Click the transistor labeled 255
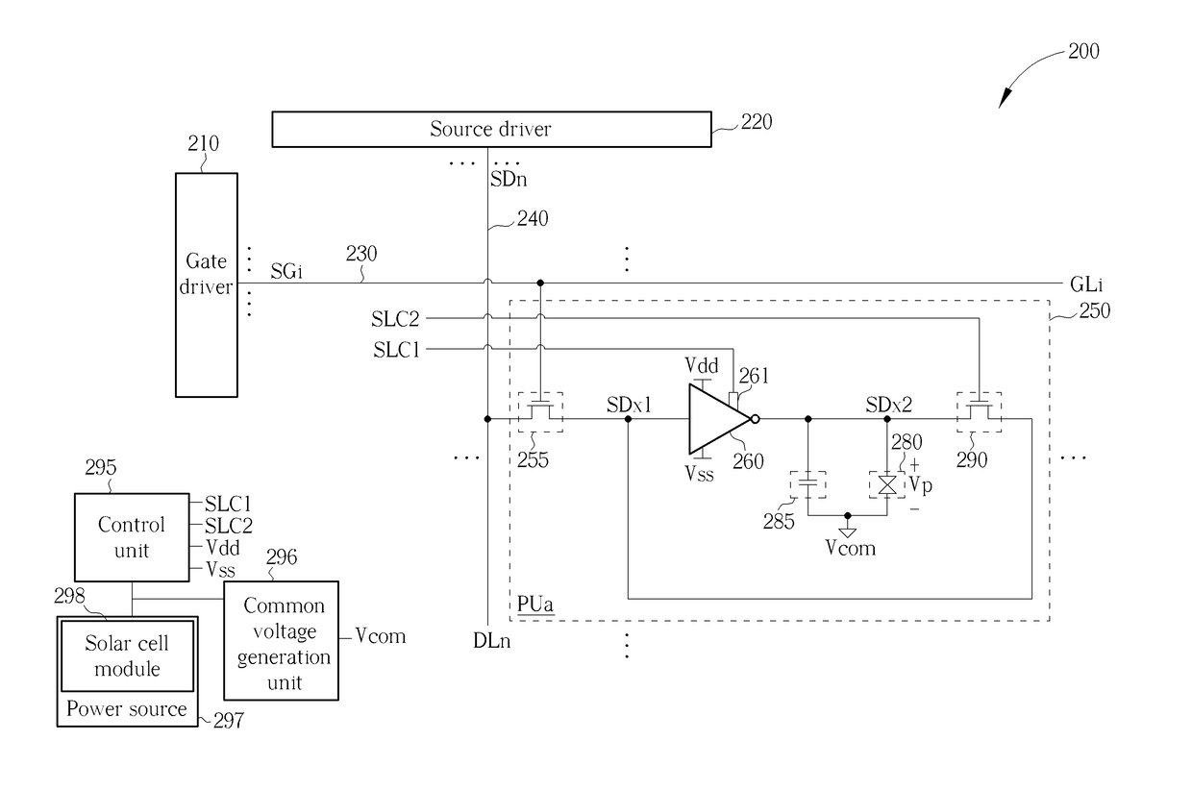click(540, 411)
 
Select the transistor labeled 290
click(979, 411)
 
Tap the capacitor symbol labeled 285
click(807, 484)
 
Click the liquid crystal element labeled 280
click(886, 484)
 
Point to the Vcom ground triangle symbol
click(847, 532)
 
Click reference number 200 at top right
click(1083, 51)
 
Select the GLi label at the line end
click(1086, 284)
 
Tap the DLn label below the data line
click(492, 641)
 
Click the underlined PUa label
click(534, 605)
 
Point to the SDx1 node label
click(629, 406)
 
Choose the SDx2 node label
click(888, 406)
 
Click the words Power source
click(127, 708)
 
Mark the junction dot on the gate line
click(540, 283)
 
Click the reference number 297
click(228, 721)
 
